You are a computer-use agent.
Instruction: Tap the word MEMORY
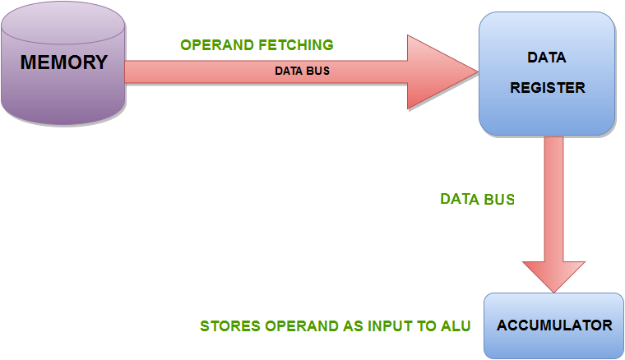(x=63, y=62)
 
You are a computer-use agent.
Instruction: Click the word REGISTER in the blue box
(x=547, y=88)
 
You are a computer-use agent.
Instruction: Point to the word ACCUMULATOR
(x=554, y=325)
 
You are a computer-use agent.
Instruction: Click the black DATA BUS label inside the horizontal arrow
(x=302, y=71)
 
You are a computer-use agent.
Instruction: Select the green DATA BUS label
(x=477, y=199)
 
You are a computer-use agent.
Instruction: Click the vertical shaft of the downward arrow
(x=554, y=197)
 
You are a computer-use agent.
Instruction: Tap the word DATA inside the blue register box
(x=547, y=58)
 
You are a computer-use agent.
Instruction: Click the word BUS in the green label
(x=498, y=199)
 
